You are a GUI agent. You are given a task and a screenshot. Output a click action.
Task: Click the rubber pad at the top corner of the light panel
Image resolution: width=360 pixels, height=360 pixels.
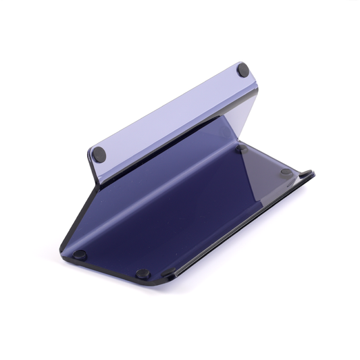(242, 70)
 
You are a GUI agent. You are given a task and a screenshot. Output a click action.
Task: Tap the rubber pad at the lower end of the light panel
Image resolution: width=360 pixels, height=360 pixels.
(99, 154)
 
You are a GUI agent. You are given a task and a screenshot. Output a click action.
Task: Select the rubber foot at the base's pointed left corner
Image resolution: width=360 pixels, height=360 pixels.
(80, 255)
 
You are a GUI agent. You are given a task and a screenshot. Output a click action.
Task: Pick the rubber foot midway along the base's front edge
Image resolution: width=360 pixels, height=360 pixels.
(143, 274)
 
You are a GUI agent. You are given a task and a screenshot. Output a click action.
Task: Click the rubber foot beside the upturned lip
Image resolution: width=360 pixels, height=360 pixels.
(286, 172)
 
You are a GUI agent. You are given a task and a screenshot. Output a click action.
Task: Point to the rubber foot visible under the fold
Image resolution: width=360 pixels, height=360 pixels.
(241, 148)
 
